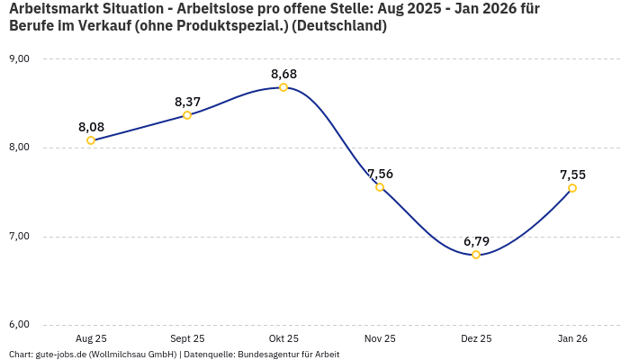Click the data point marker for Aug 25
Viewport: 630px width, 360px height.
pyautogui.click(x=91, y=140)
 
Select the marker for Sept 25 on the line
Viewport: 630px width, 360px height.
pyautogui.click(x=187, y=115)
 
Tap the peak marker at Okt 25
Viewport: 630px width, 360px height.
pyautogui.click(x=283, y=87)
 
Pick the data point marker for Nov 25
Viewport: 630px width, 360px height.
pyautogui.click(x=380, y=187)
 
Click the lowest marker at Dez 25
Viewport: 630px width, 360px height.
pyautogui.click(x=476, y=255)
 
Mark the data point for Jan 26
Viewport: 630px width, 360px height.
pyautogui.click(x=572, y=188)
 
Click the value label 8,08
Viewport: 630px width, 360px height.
pyautogui.click(x=91, y=127)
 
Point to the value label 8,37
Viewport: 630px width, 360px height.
pyautogui.click(x=187, y=102)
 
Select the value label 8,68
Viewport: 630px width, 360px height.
pyautogui.click(x=283, y=74)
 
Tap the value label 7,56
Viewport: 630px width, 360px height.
pyautogui.click(x=380, y=174)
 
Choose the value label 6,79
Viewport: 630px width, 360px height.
pyautogui.click(x=476, y=241)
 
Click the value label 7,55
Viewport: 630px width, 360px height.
pyautogui.click(x=572, y=175)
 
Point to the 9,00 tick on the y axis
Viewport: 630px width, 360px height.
pyautogui.click(x=19, y=58)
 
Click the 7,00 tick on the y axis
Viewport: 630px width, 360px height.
pyautogui.click(x=19, y=236)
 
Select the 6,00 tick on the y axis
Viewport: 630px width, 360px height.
pyautogui.click(x=19, y=325)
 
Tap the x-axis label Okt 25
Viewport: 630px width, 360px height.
pyautogui.click(x=283, y=338)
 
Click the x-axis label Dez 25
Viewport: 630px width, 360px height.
pyautogui.click(x=476, y=338)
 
